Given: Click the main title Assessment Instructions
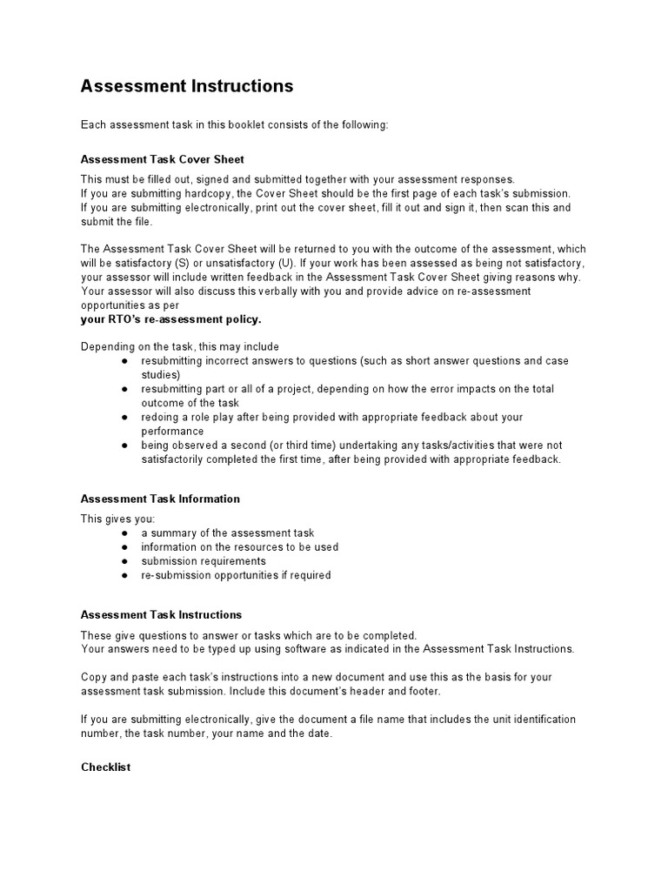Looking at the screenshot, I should click(x=187, y=86).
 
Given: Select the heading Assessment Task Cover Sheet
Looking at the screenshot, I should click(x=163, y=159).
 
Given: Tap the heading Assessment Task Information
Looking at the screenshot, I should click(x=160, y=499).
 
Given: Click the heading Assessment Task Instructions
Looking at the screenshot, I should click(x=161, y=615).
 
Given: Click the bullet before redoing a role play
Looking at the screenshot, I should click(x=125, y=418).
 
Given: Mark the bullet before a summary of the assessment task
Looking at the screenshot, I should click(x=125, y=533).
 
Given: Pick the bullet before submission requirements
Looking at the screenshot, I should click(x=125, y=561).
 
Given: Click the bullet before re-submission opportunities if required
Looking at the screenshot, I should click(x=125, y=575).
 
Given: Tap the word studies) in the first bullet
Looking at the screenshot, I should click(x=160, y=375).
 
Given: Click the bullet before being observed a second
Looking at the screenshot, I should click(x=125, y=445).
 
